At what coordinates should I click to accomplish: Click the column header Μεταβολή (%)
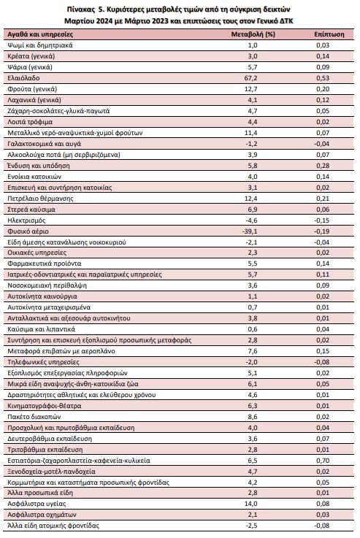pyautogui.click(x=253, y=34)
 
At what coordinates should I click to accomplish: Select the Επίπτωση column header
pyautogui.click(x=329, y=34)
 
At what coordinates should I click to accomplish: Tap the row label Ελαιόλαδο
pyautogui.click(x=23, y=78)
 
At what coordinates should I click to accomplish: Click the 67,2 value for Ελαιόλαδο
pyautogui.click(x=251, y=78)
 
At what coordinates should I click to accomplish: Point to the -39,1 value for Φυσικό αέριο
pyautogui.click(x=250, y=231)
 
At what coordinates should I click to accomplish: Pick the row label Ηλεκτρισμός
pyautogui.click(x=26, y=220)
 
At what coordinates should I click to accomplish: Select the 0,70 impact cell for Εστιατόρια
pyautogui.click(x=323, y=461)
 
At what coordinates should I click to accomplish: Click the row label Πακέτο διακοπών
pyautogui.click(x=34, y=417)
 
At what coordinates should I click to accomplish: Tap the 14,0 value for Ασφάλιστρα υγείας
pyautogui.click(x=251, y=504)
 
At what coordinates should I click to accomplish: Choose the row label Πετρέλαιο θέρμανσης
pyautogui.click(x=40, y=199)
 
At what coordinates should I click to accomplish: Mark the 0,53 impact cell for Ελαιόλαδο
pyautogui.click(x=323, y=78)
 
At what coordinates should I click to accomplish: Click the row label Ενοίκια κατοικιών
pyautogui.click(x=34, y=177)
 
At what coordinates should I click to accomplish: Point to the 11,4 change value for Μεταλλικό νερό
pyautogui.click(x=251, y=133)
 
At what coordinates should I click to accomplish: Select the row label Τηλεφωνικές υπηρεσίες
pyautogui.click(x=43, y=362)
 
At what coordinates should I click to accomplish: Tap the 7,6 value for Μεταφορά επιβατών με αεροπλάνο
pyautogui.click(x=253, y=351)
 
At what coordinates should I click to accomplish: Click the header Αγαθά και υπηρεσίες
pyautogui.click(x=40, y=34)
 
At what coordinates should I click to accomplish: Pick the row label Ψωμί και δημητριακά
pyautogui.click(x=40, y=45)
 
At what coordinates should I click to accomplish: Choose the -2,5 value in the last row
pyautogui.click(x=251, y=526)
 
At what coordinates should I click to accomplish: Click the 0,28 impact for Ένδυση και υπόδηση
pyautogui.click(x=323, y=166)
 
